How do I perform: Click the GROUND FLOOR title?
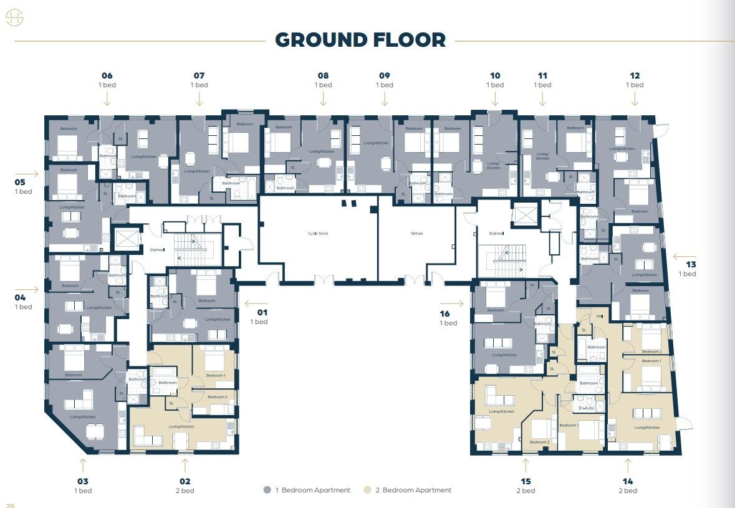360,40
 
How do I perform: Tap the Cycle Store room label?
318,234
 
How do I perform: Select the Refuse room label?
416,234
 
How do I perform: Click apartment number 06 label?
107,76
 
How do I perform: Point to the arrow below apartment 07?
199,98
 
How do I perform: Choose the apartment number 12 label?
635,76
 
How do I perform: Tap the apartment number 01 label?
262,312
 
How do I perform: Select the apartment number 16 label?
444,314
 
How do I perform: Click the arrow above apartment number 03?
82,465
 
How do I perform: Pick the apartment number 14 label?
627,481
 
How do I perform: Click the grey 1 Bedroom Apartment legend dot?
267,490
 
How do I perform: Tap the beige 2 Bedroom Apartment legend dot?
367,490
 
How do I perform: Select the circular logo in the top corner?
14,19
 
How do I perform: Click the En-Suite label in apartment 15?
587,408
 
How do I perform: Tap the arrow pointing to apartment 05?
32,174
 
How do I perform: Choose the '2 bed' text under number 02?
185,491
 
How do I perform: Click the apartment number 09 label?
384,76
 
